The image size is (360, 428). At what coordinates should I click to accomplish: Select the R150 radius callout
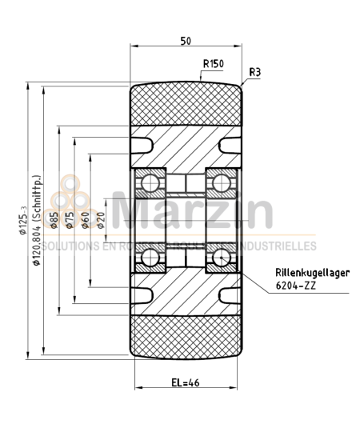tap(213, 65)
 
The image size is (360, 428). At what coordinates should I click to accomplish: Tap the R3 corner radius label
tap(255, 72)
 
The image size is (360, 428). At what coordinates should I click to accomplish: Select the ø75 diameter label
tap(70, 220)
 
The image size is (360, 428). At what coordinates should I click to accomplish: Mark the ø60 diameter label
tap(85, 220)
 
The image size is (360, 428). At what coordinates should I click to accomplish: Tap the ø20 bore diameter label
tap(101, 220)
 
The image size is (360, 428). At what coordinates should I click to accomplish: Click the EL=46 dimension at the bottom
tap(185, 382)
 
